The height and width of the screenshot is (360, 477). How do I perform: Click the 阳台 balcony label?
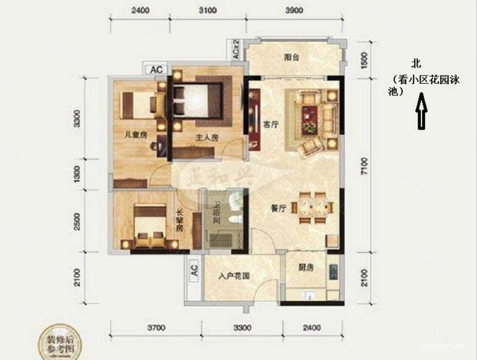[x=291, y=57]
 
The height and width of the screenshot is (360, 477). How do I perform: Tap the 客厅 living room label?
[x=270, y=125]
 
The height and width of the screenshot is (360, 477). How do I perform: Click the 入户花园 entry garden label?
[x=234, y=276]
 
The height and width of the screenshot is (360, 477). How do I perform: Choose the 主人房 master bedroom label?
[x=207, y=138]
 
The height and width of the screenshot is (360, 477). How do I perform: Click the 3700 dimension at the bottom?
[x=156, y=327]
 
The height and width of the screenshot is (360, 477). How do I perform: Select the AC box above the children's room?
[x=156, y=70]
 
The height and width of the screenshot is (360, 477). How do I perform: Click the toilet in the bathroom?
[x=236, y=215]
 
